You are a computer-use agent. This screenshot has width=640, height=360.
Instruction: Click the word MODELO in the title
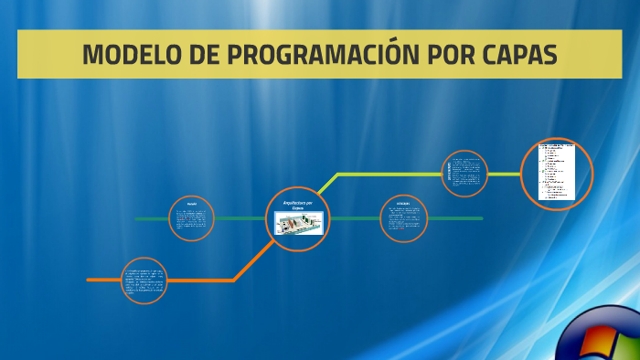pos(128,55)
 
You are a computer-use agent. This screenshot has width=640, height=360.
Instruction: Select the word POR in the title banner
pos(441,55)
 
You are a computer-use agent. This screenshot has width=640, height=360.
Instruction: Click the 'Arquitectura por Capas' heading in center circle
pos(298,205)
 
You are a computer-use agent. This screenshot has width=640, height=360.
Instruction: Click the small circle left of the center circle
pos(192,219)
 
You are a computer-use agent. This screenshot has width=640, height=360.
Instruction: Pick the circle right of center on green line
pos(403,219)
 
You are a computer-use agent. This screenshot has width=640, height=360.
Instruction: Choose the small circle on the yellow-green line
pos(464,174)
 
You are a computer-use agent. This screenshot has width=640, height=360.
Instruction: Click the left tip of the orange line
pos(89,280)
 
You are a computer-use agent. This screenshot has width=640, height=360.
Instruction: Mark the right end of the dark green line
pos(481,219)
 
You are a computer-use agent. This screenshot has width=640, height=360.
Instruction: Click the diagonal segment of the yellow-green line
pos(327,183)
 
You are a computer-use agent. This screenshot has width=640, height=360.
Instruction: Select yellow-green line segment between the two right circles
pos(504,174)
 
